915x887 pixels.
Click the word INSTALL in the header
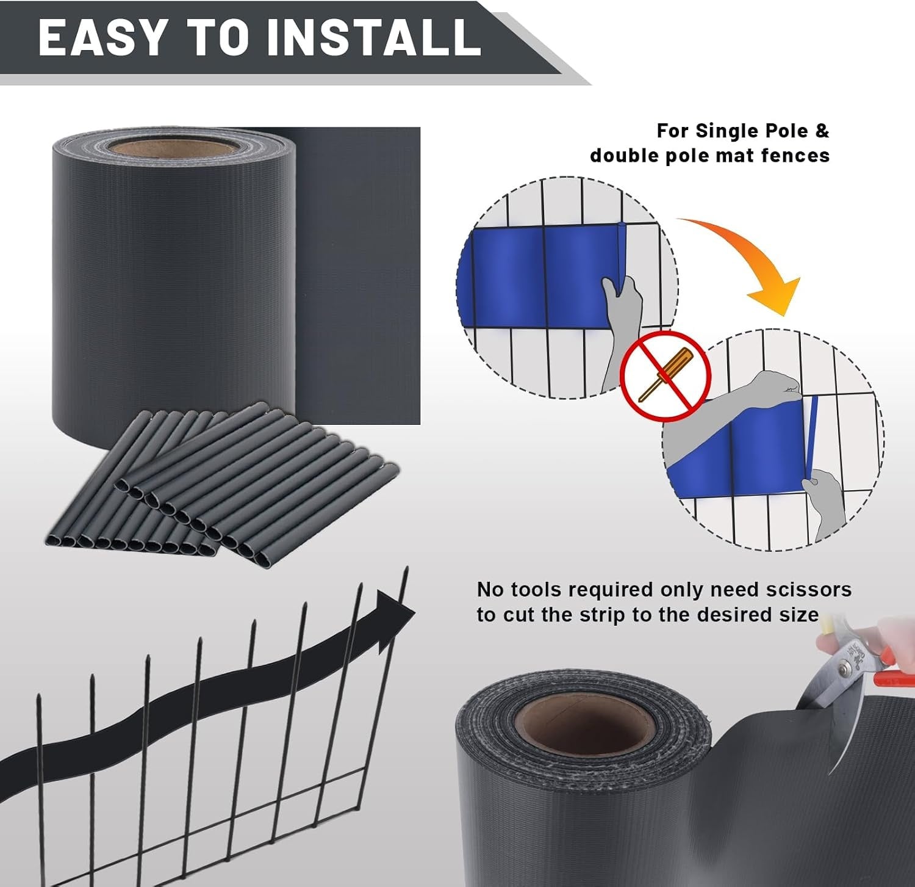pyautogui.click(x=374, y=38)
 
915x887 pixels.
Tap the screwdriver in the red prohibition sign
pyautogui.click(x=666, y=374)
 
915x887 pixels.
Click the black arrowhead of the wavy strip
pyautogui.click(x=394, y=621)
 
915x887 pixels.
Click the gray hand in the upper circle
pyautogui.click(x=620, y=330)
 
